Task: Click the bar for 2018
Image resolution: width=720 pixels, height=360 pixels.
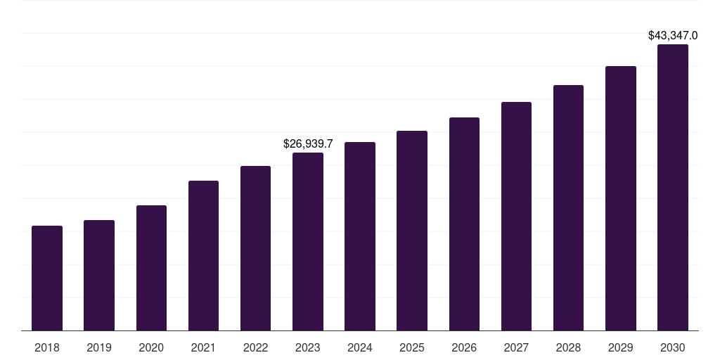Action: [47, 278]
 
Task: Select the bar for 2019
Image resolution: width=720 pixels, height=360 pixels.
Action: [99, 275]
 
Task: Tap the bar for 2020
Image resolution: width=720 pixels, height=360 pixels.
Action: [151, 268]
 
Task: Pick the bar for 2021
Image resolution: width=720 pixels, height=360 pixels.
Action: [203, 255]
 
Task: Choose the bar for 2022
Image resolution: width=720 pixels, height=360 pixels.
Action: [255, 248]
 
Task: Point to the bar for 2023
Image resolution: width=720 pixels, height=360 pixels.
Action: [308, 241]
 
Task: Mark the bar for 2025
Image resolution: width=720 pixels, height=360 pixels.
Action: [412, 231]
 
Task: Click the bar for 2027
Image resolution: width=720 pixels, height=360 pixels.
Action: [516, 216]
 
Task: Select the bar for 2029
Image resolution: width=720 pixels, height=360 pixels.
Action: [621, 198]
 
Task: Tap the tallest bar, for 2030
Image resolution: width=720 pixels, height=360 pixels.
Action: [673, 187]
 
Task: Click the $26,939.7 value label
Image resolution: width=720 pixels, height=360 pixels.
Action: [308, 143]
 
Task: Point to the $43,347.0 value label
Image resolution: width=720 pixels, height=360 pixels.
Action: [673, 35]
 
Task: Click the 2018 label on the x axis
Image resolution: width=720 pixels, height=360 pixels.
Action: [47, 347]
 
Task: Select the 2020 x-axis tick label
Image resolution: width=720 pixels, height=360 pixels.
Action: [151, 347]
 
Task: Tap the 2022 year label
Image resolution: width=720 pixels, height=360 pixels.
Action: [255, 347]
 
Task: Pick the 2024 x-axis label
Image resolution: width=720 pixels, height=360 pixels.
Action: [360, 347]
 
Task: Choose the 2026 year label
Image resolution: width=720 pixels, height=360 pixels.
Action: [464, 347]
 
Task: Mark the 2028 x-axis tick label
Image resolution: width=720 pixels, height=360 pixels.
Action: [568, 347]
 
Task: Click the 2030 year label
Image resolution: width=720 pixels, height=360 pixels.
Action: [673, 347]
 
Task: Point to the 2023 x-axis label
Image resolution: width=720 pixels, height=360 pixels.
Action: [308, 347]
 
